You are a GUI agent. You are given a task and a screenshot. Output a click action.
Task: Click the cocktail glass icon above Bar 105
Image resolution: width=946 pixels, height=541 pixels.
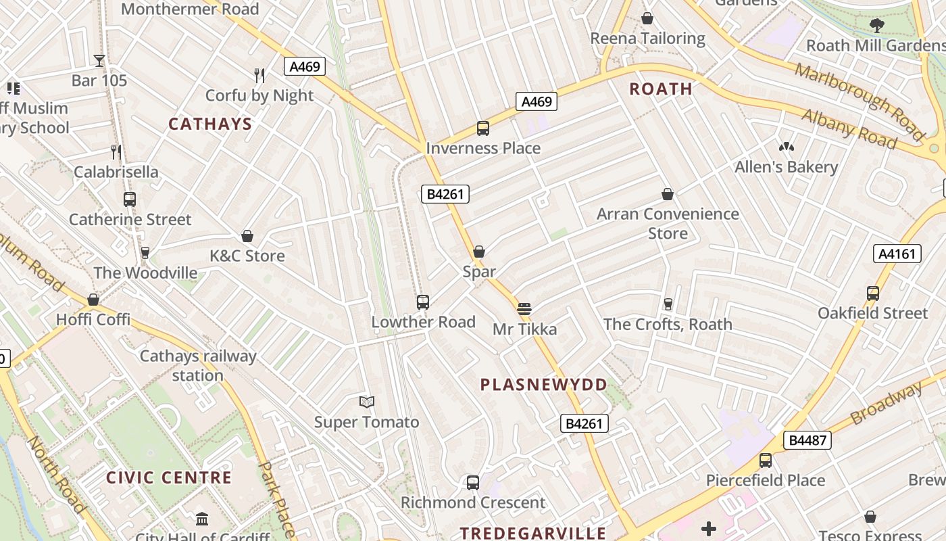99,61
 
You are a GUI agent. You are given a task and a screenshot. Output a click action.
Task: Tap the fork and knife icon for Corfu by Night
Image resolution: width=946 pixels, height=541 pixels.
259,75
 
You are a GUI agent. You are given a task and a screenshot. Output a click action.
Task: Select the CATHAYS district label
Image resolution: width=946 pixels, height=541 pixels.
209,124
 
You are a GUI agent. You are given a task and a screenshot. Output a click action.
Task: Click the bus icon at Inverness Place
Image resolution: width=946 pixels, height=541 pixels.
483,128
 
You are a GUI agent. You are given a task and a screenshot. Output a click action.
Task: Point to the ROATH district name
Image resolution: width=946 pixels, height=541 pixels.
661,89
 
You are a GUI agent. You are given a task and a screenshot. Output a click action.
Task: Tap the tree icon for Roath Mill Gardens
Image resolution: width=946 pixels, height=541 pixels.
877,26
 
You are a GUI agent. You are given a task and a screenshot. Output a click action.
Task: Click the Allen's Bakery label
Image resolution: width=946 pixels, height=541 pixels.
786,167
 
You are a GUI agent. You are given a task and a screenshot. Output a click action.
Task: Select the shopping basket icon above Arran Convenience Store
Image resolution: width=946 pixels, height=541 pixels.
668,195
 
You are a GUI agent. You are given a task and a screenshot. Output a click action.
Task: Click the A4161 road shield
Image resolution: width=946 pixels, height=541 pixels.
897,254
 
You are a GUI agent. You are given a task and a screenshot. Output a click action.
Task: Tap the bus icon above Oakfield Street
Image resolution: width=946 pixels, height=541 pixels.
873,293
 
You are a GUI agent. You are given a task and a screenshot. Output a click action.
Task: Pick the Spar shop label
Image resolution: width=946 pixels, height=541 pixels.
479,272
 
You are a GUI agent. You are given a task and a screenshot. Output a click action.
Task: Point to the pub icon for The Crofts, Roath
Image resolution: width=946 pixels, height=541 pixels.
668,304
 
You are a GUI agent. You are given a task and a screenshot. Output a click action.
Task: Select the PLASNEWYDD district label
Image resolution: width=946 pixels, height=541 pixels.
543,385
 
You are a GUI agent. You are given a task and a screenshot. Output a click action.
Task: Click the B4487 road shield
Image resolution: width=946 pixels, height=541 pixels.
807,440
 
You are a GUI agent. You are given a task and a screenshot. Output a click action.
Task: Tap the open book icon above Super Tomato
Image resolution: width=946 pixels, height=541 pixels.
367,402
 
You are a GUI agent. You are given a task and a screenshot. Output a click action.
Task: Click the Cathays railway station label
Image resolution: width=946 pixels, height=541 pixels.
198,366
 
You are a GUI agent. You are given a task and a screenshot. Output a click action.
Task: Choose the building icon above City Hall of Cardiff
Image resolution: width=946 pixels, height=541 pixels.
202,519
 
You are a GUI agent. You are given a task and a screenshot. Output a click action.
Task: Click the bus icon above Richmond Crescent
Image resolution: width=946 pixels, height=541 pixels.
473,483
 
